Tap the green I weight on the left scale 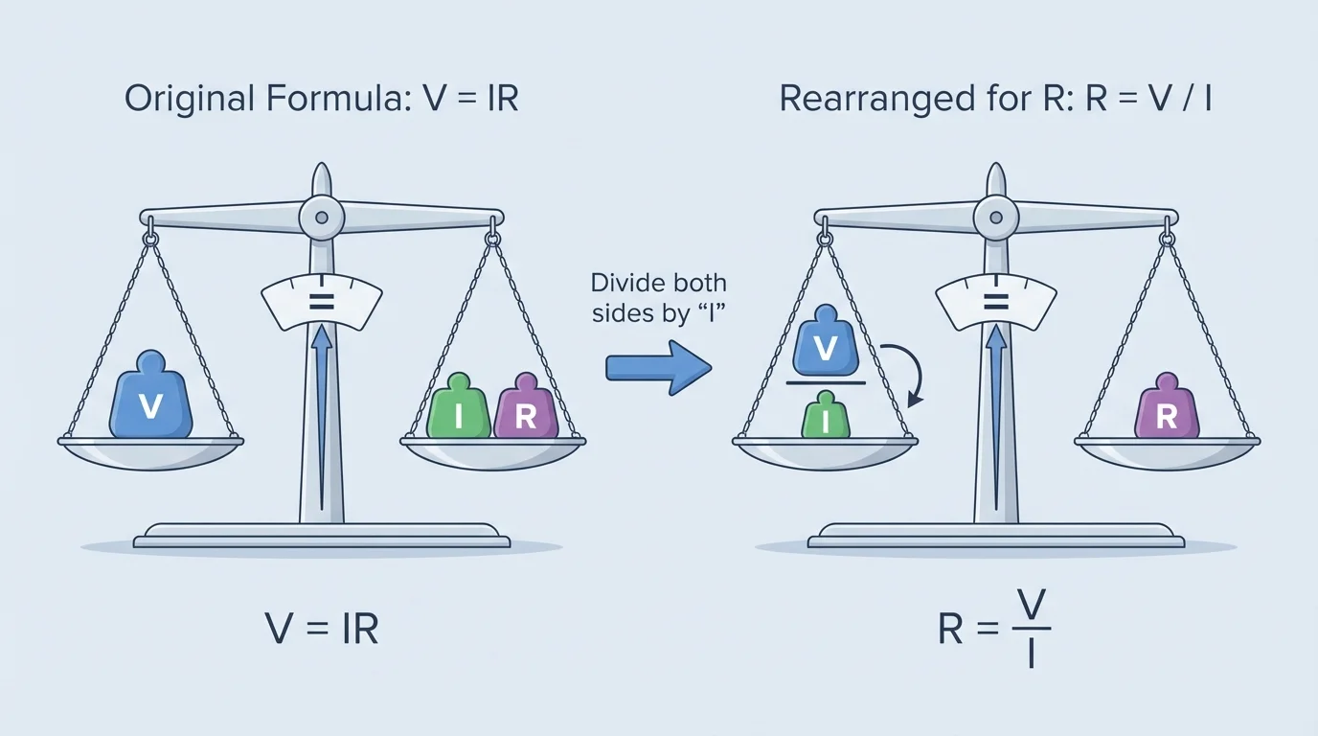(459, 410)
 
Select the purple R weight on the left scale (525, 410)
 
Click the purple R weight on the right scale (1166, 410)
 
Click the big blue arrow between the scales (658, 367)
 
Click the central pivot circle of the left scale (321, 216)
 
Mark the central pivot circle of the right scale (995, 216)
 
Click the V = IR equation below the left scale (321, 629)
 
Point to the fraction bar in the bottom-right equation (1030, 629)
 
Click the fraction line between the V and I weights (826, 383)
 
